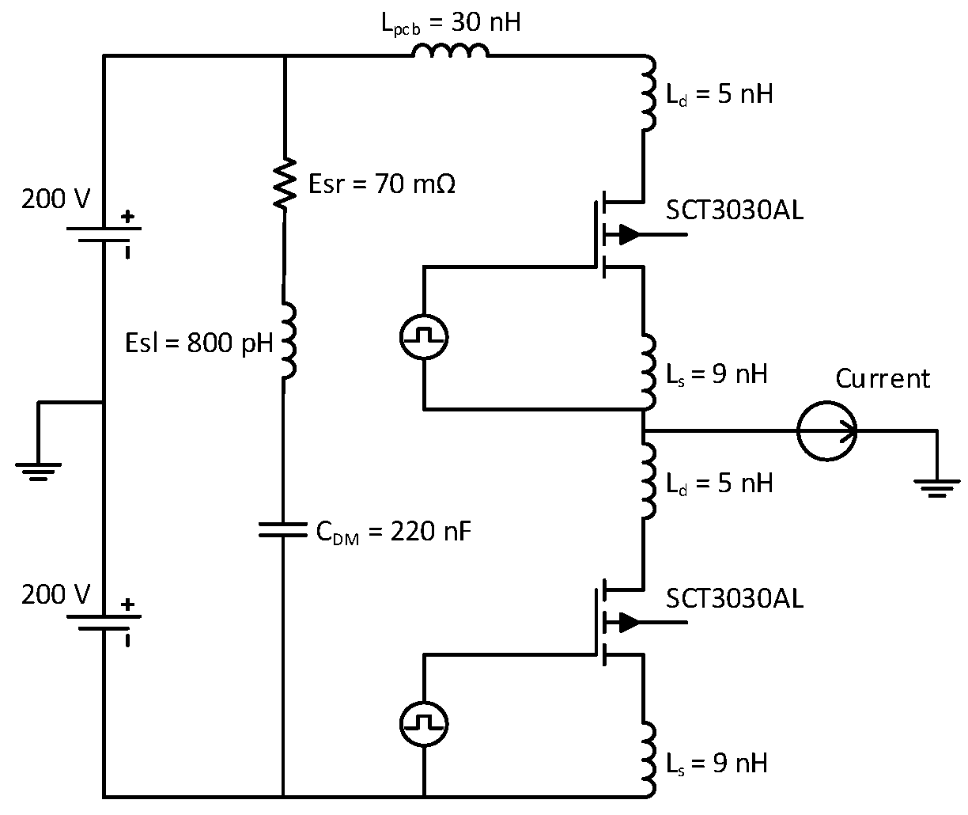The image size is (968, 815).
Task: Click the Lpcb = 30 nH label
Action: tap(451, 23)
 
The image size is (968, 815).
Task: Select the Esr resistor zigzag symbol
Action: tap(284, 184)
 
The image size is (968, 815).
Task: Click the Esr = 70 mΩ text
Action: tap(381, 184)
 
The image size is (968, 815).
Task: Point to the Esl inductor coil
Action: tap(286, 341)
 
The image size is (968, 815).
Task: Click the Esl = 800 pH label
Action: tap(199, 343)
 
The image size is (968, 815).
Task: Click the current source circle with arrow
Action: tap(826, 431)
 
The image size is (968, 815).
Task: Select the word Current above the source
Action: tap(883, 379)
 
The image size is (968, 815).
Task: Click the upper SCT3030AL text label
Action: tap(735, 210)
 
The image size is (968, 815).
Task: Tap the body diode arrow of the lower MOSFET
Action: tap(629, 622)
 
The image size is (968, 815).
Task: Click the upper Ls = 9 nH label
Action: tap(717, 373)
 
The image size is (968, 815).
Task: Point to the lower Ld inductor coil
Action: tap(648, 481)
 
